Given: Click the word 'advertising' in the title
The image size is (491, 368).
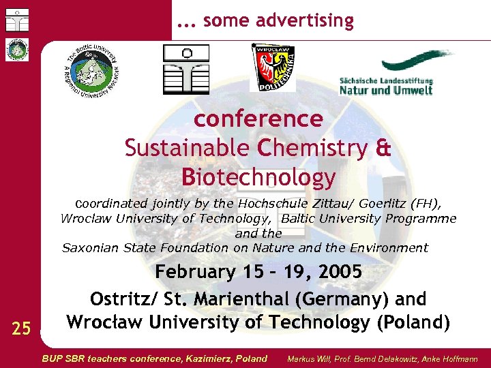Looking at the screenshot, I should point(306,21).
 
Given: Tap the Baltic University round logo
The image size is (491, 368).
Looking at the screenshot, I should point(93,72).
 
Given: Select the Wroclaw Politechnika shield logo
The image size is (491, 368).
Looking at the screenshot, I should point(273,68).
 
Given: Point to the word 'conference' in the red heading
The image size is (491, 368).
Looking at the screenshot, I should point(258,119).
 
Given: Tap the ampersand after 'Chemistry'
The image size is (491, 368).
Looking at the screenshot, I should point(383,148).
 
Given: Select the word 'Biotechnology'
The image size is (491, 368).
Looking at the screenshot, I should point(258,177).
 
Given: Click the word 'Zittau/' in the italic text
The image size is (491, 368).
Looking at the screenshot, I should point(318,203).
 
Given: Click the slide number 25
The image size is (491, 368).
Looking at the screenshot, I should point(21,329).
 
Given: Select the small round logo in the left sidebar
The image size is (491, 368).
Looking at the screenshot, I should point(16,50).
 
